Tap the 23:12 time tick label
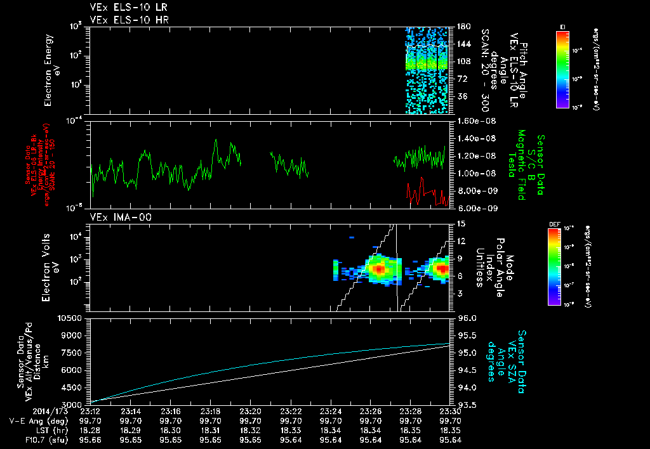[91, 410]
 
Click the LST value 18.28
[91, 430]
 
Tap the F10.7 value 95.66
[91, 439]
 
